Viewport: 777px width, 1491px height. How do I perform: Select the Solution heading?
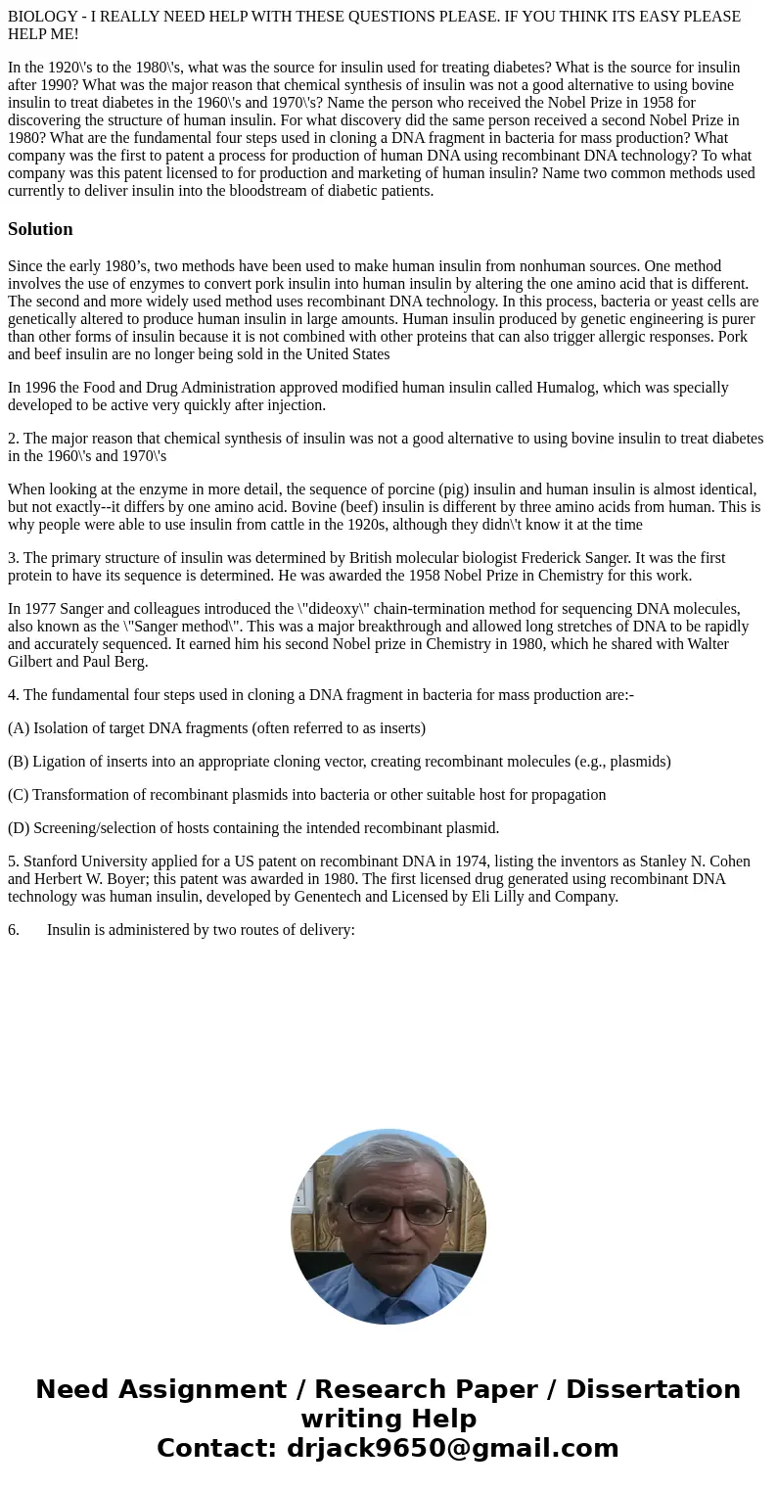40,229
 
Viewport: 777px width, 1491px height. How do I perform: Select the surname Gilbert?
30,662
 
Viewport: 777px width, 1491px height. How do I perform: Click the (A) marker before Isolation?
19,728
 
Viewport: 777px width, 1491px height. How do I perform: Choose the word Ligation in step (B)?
61,762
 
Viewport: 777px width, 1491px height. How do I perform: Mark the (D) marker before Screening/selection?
19,828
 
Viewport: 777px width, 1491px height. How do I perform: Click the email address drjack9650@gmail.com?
452,1448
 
